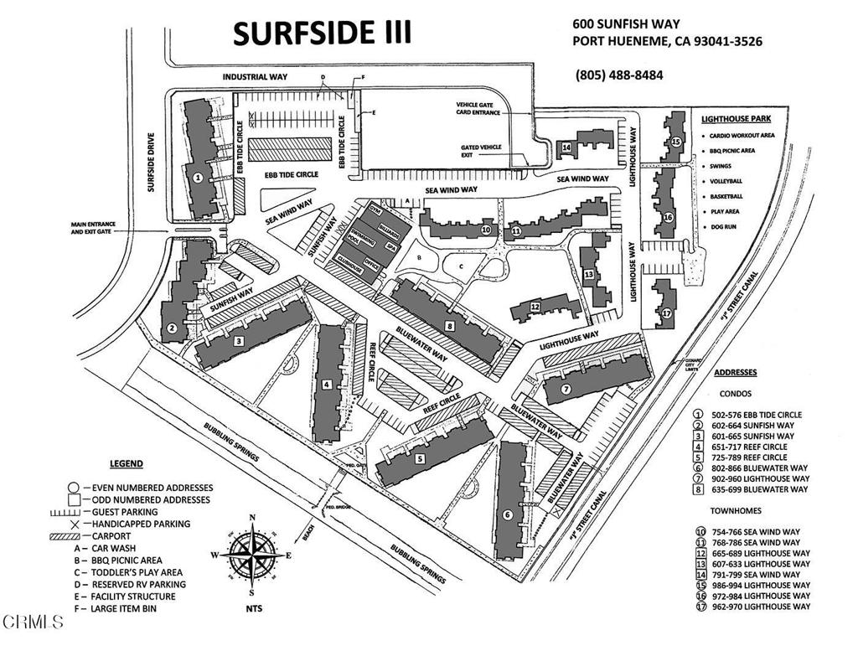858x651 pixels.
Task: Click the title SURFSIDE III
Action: pyautogui.click(x=322, y=33)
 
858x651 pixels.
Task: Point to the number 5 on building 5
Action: pyautogui.click(x=418, y=459)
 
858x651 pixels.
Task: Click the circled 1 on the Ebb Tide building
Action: pyautogui.click(x=197, y=178)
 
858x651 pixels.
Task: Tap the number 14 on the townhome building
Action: pyautogui.click(x=566, y=147)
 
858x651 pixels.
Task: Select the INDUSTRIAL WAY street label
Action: pyautogui.click(x=255, y=77)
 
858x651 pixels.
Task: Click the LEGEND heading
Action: pyautogui.click(x=127, y=464)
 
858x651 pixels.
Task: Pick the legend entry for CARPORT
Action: pyautogui.click(x=144, y=535)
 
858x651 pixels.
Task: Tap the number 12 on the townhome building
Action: pyautogui.click(x=535, y=307)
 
